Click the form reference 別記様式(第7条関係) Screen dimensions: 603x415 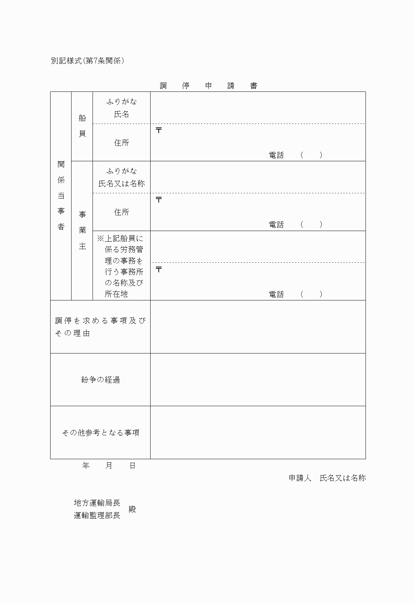(87, 61)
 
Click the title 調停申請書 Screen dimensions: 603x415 (208, 86)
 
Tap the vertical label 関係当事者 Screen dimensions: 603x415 (61, 195)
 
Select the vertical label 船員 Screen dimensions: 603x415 (82, 126)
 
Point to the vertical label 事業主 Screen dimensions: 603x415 (82, 230)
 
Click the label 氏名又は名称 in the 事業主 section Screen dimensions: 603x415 (121, 184)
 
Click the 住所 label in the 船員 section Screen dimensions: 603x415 (121, 143)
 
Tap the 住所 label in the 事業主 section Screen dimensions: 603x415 (121, 212)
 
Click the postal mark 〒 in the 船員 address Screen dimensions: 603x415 (159, 130)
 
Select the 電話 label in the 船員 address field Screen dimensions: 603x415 (276, 155)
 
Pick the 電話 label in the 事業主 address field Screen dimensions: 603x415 (276, 225)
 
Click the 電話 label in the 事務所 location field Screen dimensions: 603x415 (276, 294)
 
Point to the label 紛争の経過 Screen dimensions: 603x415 (100, 380)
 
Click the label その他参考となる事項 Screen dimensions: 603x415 (100, 433)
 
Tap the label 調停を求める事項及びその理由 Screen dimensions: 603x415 (100, 327)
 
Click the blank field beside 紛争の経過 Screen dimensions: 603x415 (258, 380)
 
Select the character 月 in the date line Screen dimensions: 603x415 (109, 466)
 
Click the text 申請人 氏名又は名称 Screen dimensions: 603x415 (327, 478)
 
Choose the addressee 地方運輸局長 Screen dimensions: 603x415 (97, 503)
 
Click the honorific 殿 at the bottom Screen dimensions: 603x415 (132, 509)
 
